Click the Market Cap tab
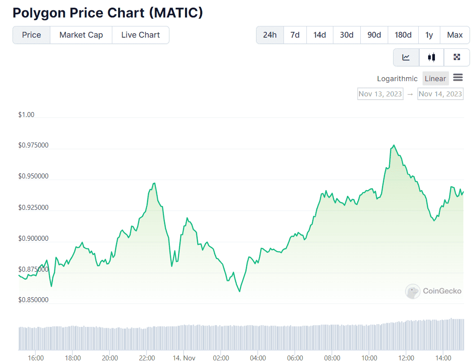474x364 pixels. point(81,35)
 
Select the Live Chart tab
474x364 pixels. point(140,35)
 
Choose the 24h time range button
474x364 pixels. point(270,35)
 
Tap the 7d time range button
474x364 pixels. point(295,35)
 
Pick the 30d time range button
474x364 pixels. point(346,35)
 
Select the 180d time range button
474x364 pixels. point(403,35)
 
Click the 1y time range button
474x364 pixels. point(429,35)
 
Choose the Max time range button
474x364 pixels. point(455,35)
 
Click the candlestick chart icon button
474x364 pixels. point(432,57)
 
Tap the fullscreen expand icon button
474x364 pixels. point(456,57)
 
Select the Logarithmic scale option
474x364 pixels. point(397,78)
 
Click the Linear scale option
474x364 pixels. point(435,78)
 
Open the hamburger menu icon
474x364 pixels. point(458,78)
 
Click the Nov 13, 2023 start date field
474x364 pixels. point(380,94)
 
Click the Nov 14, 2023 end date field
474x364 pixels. point(440,94)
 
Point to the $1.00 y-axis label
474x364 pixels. point(26,115)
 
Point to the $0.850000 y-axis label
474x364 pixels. point(33,300)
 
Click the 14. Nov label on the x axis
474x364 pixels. point(184,358)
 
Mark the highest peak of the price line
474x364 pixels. point(394,145)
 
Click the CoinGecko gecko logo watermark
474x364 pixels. point(413,291)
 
